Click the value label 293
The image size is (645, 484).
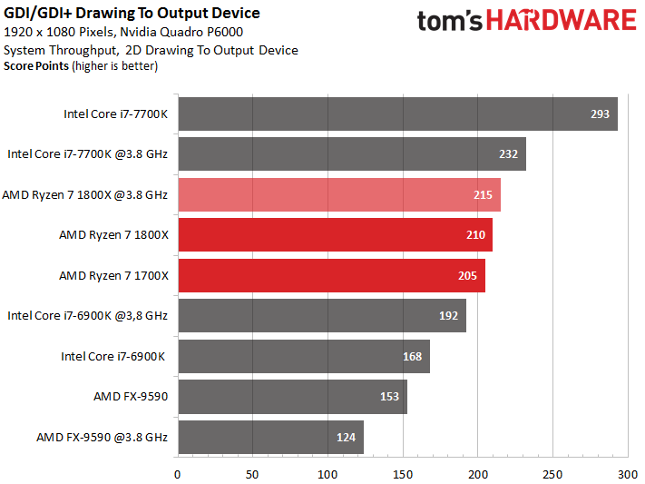point(600,114)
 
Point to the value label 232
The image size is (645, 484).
point(508,154)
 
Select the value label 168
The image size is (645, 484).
point(412,356)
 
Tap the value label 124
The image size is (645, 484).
point(346,437)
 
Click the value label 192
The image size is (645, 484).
point(448,316)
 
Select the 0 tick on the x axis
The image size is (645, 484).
point(178,473)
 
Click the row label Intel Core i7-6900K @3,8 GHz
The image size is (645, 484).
point(87,316)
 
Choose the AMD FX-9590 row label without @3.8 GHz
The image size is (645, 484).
point(131,396)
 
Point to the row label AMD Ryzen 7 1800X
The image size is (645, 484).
point(113,235)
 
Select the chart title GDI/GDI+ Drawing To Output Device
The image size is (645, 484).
point(132,13)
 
